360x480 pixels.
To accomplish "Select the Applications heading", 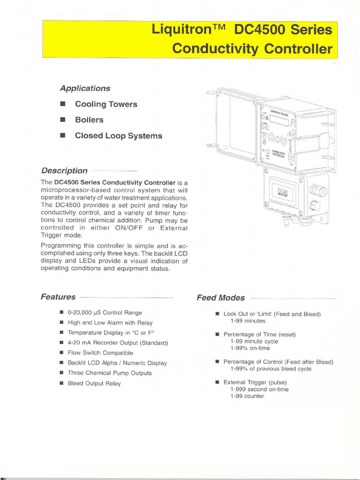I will pos(85,88).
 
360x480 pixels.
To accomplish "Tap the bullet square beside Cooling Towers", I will pos(62,104).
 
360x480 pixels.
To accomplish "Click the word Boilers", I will pos(89,120).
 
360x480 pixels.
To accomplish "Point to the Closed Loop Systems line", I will pos(118,136).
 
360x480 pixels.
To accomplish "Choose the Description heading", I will pos(64,171).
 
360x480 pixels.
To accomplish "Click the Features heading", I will pos(58,297).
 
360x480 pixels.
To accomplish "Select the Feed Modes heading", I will pos(220,298).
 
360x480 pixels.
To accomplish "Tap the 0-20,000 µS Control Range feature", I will pos(105,312).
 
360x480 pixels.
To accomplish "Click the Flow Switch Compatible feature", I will pos(100,352).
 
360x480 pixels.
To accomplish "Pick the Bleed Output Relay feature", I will pos(94,383).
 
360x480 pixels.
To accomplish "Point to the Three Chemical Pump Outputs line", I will pos(110,373).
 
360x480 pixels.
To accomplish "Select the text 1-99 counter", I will pos(247,396).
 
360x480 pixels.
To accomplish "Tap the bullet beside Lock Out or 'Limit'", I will pos(217,314).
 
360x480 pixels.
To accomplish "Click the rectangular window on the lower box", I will pos(283,191).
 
